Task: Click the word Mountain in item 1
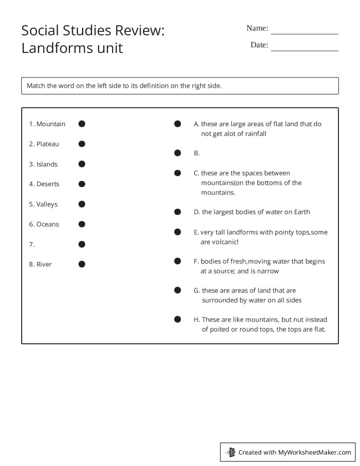tap(51, 124)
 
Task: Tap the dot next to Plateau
tap(82, 144)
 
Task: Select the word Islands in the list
tap(47, 164)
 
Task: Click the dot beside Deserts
tap(82, 184)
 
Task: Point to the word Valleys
tap(47, 204)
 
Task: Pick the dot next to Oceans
tap(82, 224)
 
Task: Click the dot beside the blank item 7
tap(82, 244)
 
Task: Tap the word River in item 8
tap(44, 264)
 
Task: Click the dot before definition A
tap(177, 124)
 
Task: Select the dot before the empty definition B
tap(177, 153)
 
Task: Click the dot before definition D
tap(177, 212)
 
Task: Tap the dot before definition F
tap(177, 261)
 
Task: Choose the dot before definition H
tap(177, 319)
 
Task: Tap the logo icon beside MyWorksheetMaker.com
tap(231, 452)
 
